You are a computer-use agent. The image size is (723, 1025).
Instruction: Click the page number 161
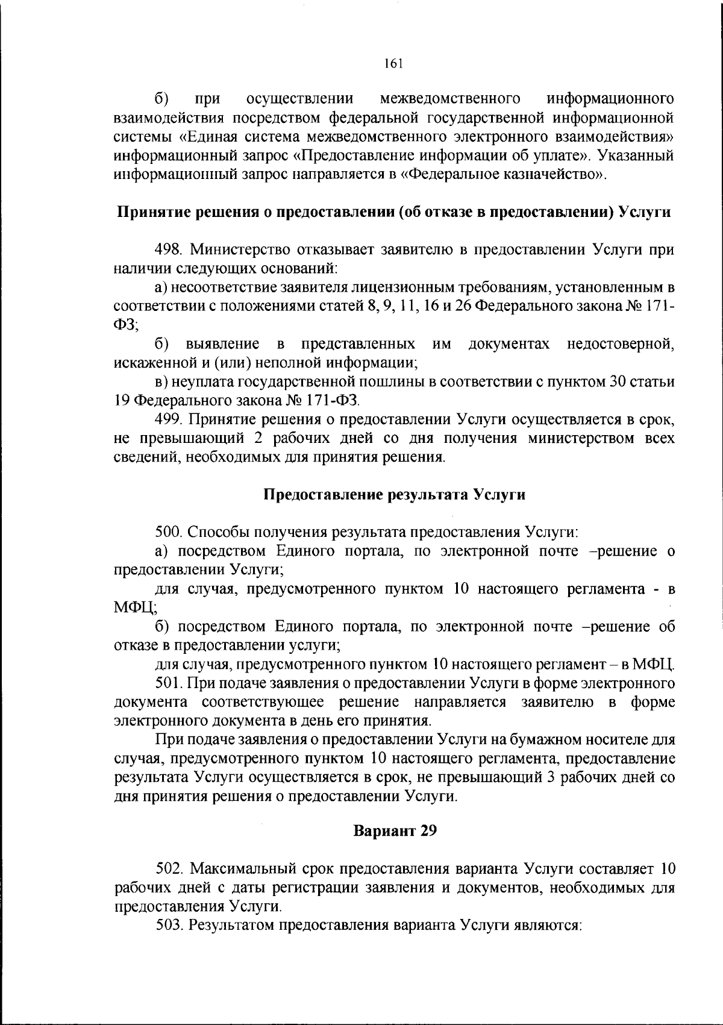coord(393,64)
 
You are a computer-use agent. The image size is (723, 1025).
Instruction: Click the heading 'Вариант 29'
coord(394,831)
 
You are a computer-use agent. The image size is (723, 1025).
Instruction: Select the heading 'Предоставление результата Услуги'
coord(394,495)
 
